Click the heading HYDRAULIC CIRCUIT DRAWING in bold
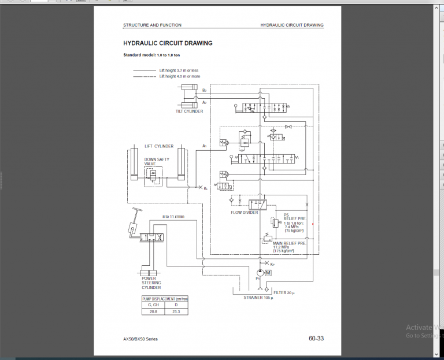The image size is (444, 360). click(x=168, y=43)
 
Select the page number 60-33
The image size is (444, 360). click(x=316, y=339)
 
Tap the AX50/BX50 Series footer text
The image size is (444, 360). click(x=140, y=339)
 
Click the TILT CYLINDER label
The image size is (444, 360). click(x=190, y=112)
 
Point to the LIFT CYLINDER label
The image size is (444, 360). click(x=159, y=146)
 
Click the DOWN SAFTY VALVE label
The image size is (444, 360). click(x=156, y=161)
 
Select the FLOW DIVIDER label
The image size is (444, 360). click(x=244, y=213)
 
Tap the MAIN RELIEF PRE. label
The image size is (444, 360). click(x=290, y=243)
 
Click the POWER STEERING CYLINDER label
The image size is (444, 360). click(x=151, y=283)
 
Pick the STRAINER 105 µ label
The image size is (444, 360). click(x=258, y=298)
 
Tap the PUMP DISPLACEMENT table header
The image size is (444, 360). click(x=165, y=299)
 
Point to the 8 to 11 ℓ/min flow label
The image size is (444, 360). click(x=173, y=217)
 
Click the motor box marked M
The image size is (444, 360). click(x=268, y=273)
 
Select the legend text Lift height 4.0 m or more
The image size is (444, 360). click(x=180, y=76)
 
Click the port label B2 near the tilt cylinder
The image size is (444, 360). click(x=204, y=90)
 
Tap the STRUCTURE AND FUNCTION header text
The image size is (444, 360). click(x=152, y=25)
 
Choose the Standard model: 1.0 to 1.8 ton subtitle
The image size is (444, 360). click(x=151, y=55)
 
